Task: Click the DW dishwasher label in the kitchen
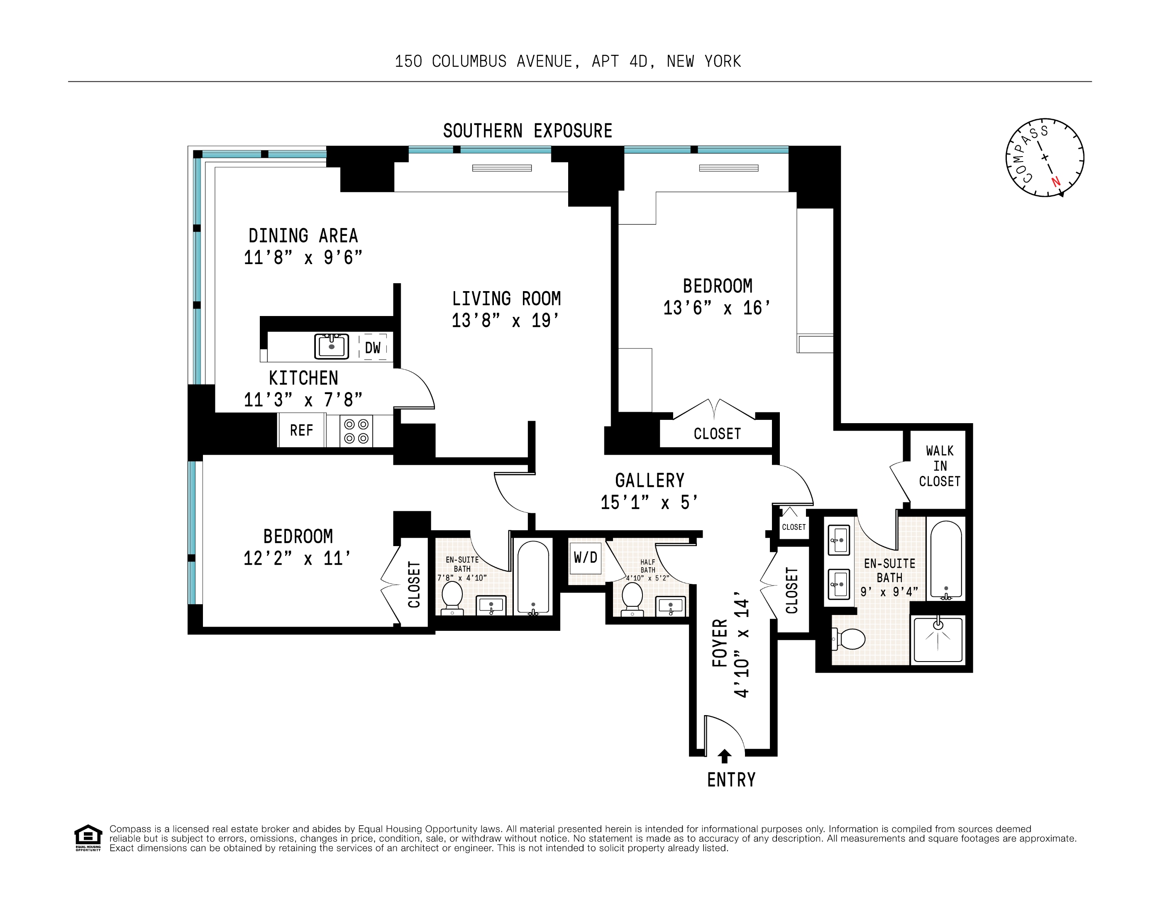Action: coord(372,348)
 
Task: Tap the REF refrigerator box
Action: coord(301,430)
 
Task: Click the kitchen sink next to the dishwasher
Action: coord(332,346)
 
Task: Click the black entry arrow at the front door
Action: coord(724,756)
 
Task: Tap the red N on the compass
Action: coord(1055,182)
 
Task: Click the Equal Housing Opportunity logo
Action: coord(88,838)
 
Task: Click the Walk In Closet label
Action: coord(940,466)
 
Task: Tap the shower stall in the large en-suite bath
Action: coord(938,639)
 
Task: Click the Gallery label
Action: coord(650,480)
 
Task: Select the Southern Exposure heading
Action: coord(527,131)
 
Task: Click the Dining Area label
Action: coord(303,235)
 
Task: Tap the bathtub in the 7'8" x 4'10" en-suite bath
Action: coord(533,578)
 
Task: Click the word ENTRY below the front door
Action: coord(731,779)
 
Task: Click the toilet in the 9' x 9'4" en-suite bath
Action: coord(848,639)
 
